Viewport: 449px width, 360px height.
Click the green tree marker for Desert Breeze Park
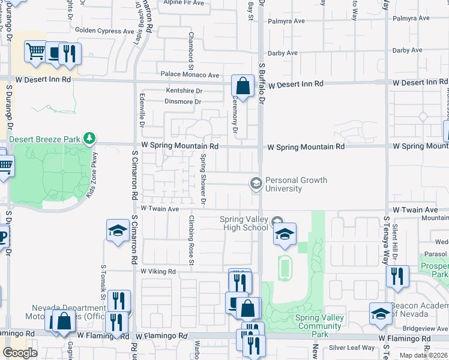tap(89, 139)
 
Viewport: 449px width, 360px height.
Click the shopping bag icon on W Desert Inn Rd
tap(243, 86)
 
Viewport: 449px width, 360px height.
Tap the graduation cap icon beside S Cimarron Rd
tap(118, 230)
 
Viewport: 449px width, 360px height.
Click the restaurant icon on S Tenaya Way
tap(397, 276)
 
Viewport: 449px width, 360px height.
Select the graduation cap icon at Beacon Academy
tap(381, 314)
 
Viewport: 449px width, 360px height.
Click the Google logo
tap(20, 352)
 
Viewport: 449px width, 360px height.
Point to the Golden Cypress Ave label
tap(104, 31)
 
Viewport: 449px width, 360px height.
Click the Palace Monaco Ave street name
tap(189, 75)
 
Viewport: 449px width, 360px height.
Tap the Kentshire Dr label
tap(184, 91)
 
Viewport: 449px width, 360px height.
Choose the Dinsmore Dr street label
tap(182, 101)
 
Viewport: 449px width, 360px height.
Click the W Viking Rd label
tap(158, 271)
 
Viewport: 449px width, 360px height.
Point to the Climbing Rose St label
tap(191, 240)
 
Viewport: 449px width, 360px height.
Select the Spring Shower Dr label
tap(203, 178)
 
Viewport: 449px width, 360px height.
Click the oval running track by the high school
tap(285, 268)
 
